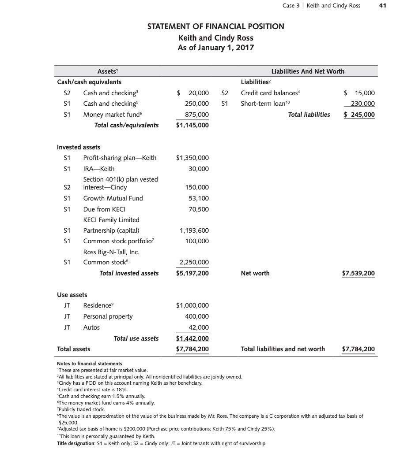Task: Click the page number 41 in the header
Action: click(x=382, y=5)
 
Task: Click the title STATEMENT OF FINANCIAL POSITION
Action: click(x=215, y=26)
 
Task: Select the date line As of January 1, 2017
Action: click(x=215, y=48)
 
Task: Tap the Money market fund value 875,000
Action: click(x=197, y=115)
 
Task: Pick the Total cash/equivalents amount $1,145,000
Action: click(x=192, y=125)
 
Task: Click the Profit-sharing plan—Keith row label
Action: click(x=120, y=158)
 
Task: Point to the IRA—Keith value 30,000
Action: click(x=200, y=169)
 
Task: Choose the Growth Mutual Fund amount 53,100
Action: click(x=199, y=198)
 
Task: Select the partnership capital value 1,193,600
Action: click(x=194, y=230)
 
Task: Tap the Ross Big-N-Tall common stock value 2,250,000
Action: click(x=194, y=263)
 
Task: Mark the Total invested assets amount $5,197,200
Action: click(x=192, y=273)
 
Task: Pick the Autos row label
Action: click(x=91, y=327)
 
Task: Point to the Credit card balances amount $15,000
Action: click(x=359, y=93)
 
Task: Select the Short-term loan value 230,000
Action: click(x=362, y=104)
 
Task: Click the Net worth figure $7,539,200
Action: click(x=358, y=273)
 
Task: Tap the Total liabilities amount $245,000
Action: click(x=359, y=115)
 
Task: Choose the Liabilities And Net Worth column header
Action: click(x=308, y=71)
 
